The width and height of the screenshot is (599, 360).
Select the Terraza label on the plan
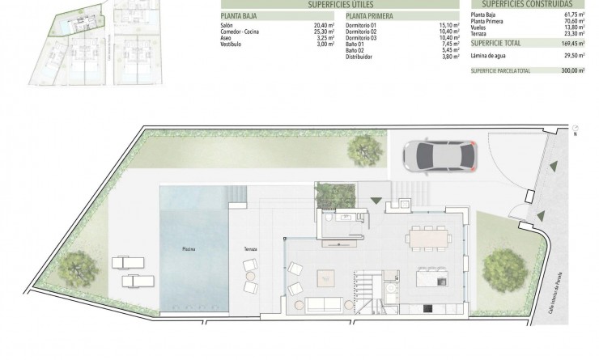[249, 248]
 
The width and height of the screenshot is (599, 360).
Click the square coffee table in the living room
[328, 276]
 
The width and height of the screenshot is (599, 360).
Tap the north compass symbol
[575, 129]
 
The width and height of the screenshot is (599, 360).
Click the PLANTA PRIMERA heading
[372, 15]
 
